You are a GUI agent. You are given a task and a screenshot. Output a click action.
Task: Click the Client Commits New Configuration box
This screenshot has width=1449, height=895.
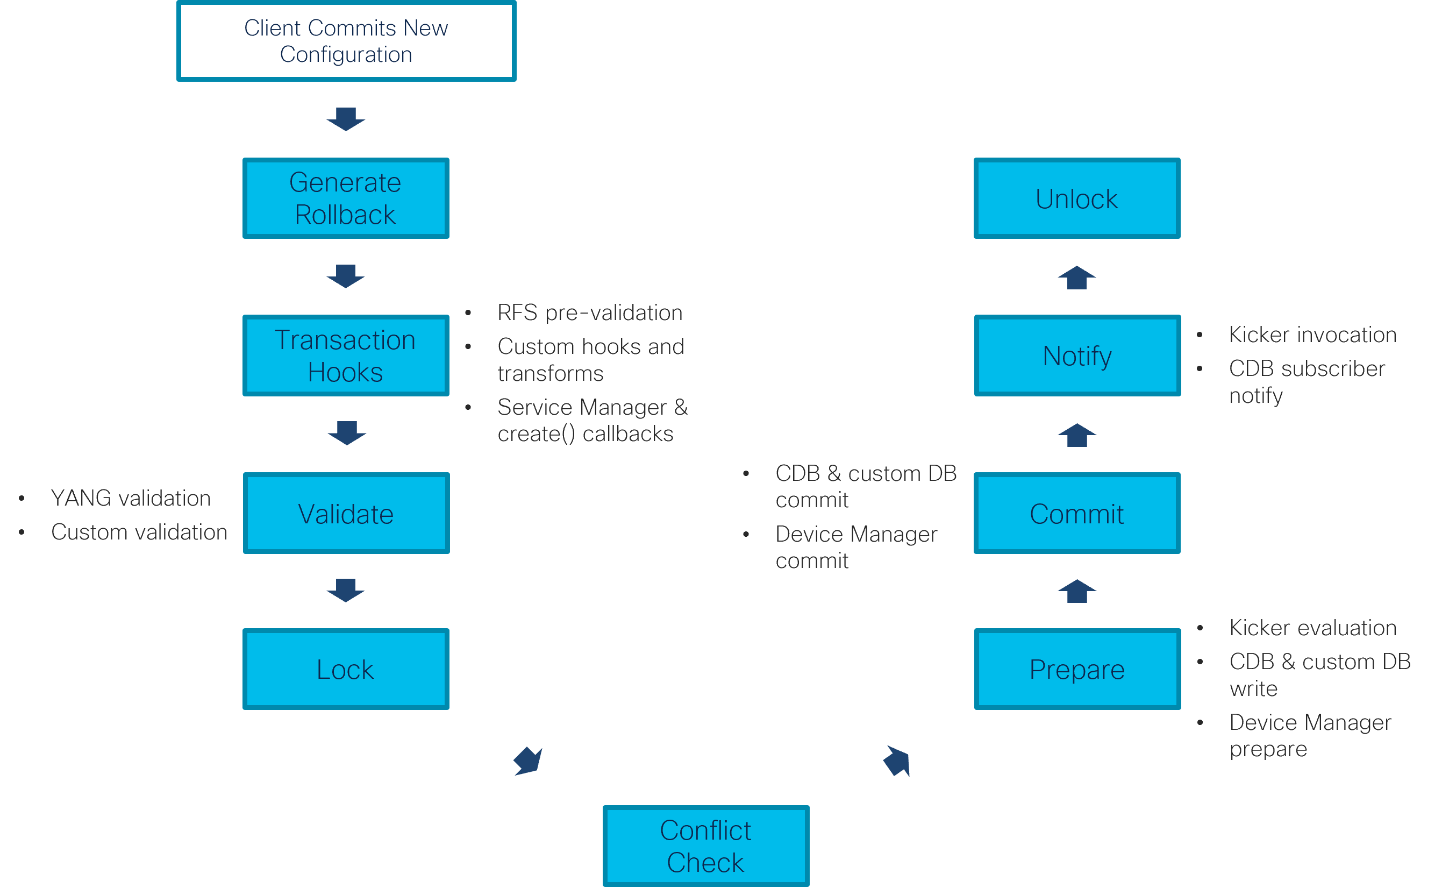346,41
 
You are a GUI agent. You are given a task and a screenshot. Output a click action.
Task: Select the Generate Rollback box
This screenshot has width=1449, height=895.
346,198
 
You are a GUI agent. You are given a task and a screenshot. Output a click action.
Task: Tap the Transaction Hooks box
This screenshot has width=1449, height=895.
346,356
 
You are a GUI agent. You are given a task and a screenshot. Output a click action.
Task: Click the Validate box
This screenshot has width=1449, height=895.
346,513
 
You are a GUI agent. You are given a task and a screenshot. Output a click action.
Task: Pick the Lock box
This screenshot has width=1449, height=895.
346,669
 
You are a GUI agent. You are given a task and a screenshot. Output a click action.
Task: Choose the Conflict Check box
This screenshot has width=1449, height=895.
705,846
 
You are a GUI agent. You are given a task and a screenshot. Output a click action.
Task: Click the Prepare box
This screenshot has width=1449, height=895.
1077,669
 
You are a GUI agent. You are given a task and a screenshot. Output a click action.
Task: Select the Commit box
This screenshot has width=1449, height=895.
1077,513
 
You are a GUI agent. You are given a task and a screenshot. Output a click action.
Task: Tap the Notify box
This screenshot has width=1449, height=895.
1077,356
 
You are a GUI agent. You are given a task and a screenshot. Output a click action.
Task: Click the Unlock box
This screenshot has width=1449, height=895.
1077,198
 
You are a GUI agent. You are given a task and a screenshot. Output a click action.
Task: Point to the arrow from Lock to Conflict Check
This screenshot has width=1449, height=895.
528,761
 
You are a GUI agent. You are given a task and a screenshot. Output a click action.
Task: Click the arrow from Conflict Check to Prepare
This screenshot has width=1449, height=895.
897,761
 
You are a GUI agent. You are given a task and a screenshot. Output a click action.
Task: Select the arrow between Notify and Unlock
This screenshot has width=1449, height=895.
1077,278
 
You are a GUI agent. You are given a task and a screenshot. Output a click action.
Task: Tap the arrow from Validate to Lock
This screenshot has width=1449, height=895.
346,590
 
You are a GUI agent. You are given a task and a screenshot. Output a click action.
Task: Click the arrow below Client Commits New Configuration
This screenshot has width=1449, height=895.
346,119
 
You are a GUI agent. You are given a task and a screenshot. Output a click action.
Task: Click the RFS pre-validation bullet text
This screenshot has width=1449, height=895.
589,312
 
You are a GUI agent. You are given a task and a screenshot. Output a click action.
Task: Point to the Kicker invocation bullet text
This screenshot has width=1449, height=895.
1312,335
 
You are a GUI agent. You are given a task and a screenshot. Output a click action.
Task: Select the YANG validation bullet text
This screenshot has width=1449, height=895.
130,499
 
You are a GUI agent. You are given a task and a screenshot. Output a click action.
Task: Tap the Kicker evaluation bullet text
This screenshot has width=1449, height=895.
1312,628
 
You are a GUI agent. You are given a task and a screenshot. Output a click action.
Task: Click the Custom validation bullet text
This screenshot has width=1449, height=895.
139,532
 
